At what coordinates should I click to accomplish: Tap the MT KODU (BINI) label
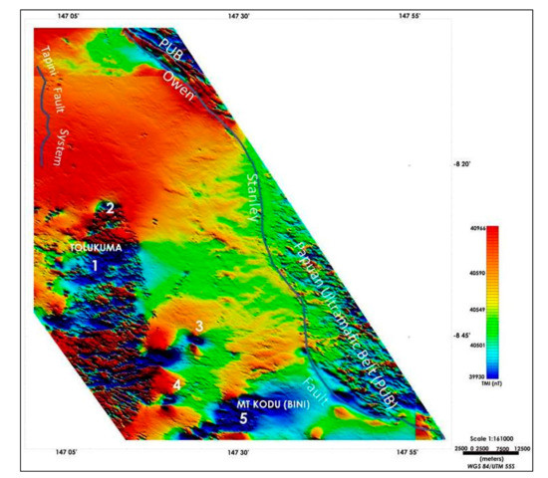243,404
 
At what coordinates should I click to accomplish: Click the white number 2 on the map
110,208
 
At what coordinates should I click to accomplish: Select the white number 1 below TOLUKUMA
96,267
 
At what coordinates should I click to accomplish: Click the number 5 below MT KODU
242,421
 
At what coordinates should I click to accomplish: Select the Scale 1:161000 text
490,438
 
